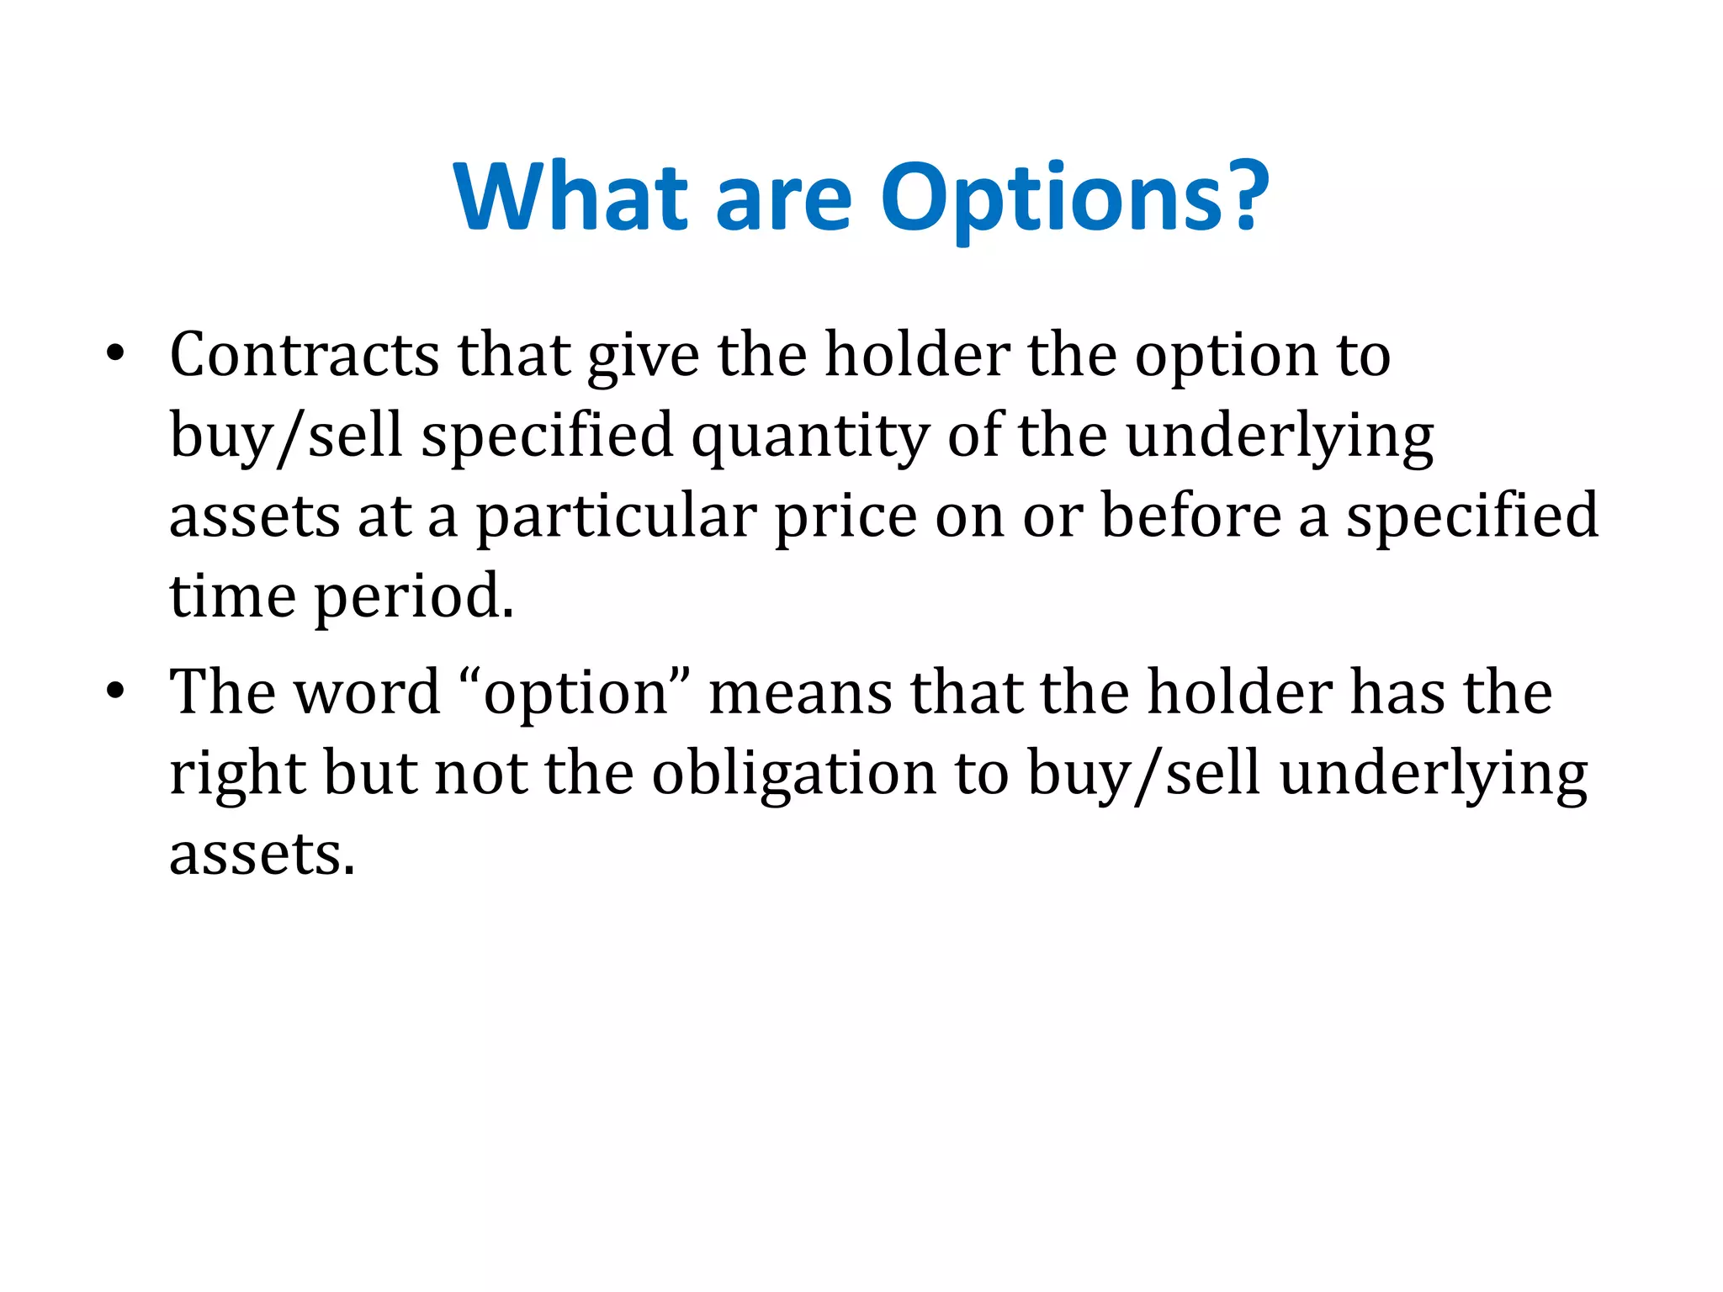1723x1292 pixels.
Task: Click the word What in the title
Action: coord(570,197)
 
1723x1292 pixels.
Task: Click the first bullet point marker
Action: coord(115,353)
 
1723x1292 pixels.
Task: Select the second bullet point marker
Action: coord(115,691)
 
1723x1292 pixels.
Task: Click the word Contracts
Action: coord(304,355)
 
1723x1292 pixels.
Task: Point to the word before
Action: coord(1191,515)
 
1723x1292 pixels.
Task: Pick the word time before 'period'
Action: coord(232,596)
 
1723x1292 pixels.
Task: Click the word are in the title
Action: coord(782,199)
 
